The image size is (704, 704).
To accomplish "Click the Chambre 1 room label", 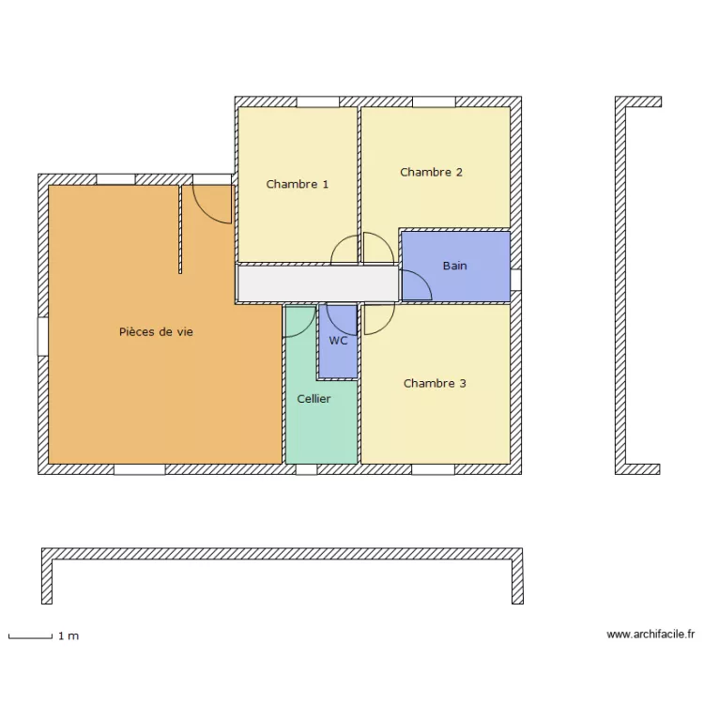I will tap(297, 185).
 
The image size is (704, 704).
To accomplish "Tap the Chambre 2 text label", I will tap(431, 173).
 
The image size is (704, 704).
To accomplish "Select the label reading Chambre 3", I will tap(435, 384).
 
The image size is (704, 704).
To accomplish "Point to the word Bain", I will tap(454, 267).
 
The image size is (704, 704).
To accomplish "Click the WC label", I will tap(338, 341).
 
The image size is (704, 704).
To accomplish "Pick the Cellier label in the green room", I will tap(314, 399).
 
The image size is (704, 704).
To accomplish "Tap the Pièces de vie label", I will tap(156, 332).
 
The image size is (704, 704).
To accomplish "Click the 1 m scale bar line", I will tap(29, 637).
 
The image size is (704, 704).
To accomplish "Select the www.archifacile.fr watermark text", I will tap(650, 635).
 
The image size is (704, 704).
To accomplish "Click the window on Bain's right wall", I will tap(515, 279).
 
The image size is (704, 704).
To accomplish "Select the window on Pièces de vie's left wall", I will tap(42, 336).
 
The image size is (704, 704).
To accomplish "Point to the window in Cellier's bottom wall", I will tap(306, 469).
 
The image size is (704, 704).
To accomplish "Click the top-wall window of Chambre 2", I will tap(434, 101).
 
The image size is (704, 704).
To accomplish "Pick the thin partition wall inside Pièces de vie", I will tap(180, 230).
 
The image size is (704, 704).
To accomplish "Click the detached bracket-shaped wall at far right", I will tap(621, 282).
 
